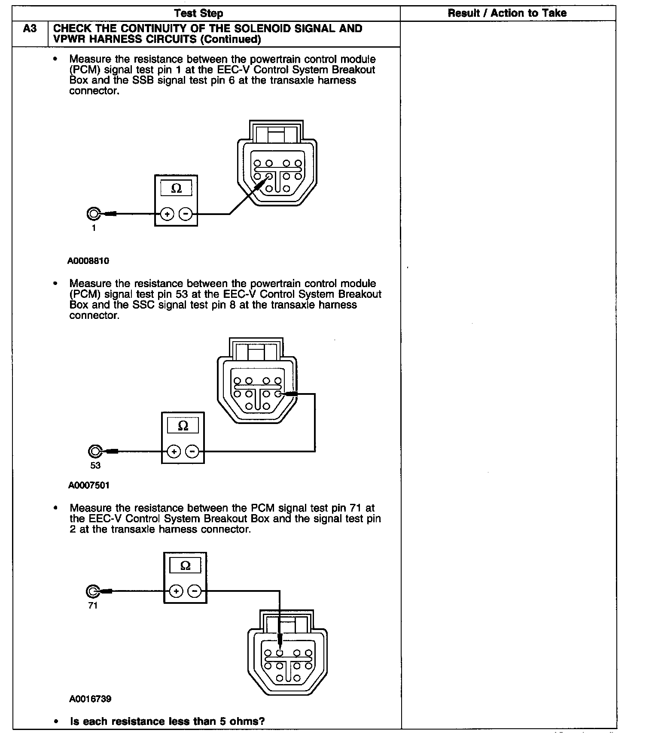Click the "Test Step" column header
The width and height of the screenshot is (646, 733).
click(199, 13)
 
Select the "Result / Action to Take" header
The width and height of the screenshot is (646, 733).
click(507, 13)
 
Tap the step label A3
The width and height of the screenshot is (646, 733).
click(30, 29)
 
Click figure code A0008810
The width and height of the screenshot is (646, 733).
click(88, 261)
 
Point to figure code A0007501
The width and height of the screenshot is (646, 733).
click(89, 485)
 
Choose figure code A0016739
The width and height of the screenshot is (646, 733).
click(90, 699)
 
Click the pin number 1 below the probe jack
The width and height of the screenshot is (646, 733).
click(94, 228)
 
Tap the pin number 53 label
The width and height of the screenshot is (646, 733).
click(95, 466)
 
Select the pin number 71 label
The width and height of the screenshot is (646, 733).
click(93, 606)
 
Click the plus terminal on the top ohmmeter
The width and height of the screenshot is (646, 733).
click(167, 214)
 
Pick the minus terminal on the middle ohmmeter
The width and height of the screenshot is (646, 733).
click(192, 451)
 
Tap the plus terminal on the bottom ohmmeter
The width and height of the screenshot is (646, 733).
click(176, 591)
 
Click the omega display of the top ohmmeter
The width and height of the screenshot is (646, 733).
click(176, 188)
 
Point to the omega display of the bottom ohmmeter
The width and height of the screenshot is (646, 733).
click(185, 566)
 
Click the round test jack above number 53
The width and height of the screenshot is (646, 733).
click(94, 451)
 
